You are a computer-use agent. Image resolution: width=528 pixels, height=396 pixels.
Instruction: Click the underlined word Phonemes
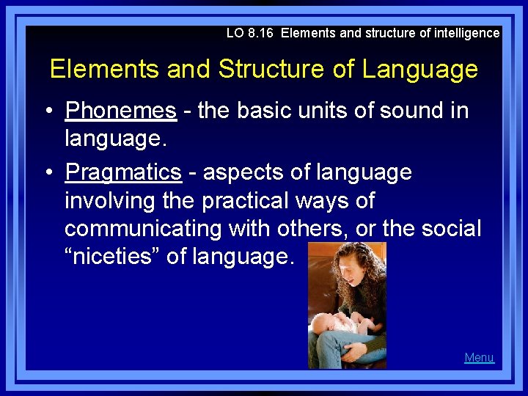pos(120,111)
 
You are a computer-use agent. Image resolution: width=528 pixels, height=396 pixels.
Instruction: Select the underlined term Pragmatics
pos(122,172)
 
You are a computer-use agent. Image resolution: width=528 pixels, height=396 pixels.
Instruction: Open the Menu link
pos(479,358)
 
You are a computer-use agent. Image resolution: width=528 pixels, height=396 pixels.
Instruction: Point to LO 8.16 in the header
pos(250,33)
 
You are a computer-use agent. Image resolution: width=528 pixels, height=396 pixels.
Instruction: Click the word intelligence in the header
pos(463,33)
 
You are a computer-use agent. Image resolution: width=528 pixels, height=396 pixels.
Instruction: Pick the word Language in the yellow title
pos(419,70)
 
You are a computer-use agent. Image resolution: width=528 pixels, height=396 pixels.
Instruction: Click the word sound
pos(407,111)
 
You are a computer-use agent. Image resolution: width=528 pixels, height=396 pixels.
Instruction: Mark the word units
pos(334,111)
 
